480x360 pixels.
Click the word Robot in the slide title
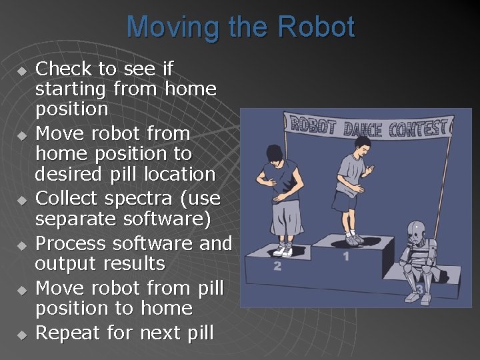316,28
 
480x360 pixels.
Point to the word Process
69,243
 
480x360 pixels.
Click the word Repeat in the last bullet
65,333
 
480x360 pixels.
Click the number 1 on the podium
345,255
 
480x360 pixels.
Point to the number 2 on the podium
277,266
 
